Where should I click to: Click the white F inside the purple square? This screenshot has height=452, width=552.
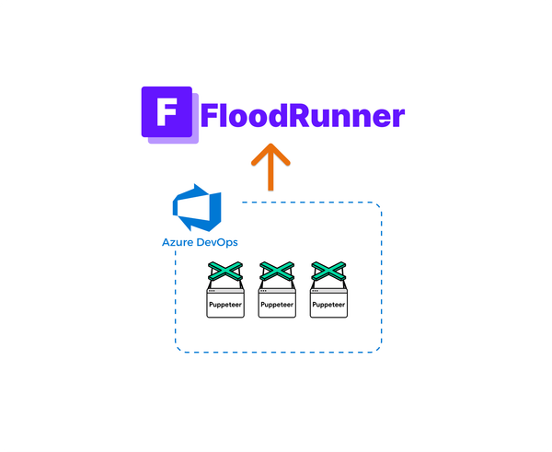point(167,112)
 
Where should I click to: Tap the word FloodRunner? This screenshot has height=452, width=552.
point(302,117)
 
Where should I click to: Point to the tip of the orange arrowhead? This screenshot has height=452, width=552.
point(270,145)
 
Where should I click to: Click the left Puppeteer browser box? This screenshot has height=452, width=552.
point(224,304)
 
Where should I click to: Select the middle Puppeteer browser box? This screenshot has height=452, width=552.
point(277,304)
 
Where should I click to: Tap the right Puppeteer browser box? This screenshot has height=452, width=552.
point(328,304)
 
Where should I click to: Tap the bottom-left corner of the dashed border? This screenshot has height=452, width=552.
point(178,350)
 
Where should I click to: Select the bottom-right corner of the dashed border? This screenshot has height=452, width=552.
point(378,350)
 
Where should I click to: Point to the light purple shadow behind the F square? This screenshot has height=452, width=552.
point(196,138)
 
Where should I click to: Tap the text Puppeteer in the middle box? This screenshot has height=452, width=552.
point(277,304)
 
